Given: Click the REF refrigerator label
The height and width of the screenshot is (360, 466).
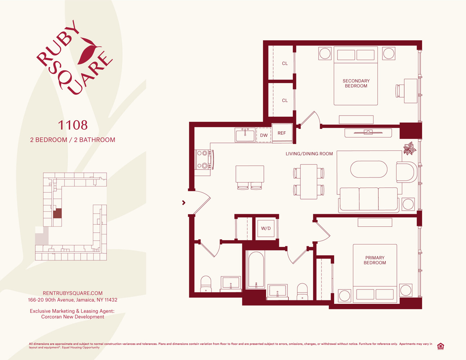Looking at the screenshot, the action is pos(282,133).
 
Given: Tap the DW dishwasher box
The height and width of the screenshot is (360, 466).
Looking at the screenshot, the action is pos(264,135).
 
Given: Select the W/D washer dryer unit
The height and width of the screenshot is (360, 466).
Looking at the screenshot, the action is pos(266,229).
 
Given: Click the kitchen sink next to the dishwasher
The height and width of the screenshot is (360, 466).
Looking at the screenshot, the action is pos(245,135).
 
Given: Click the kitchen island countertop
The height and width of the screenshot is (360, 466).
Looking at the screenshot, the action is pos(250,174).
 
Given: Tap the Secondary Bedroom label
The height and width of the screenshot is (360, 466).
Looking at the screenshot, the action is pos(356,84).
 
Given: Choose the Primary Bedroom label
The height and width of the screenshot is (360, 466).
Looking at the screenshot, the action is pos(375,260).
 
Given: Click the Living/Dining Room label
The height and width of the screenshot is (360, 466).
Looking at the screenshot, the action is pos(309,154).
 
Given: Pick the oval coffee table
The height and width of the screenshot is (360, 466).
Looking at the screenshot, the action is pos(369,169).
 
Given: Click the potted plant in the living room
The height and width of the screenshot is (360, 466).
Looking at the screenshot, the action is pos(409,148).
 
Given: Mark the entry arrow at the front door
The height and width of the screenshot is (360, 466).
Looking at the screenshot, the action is pos(184,202).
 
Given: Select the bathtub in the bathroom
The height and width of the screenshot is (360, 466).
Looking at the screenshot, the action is pos(256,270).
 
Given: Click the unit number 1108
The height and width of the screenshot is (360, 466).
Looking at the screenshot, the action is pos(73,125).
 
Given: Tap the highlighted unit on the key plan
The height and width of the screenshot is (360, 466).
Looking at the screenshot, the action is pos(57,213).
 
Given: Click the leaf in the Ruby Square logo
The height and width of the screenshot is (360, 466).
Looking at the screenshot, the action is pos(89,51).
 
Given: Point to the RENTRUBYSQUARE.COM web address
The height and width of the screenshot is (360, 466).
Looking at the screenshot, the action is pos(73,293).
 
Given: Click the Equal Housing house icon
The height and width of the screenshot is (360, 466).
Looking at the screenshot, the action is pos(440,346).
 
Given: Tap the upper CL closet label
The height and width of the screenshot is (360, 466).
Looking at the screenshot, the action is pos(285,63).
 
